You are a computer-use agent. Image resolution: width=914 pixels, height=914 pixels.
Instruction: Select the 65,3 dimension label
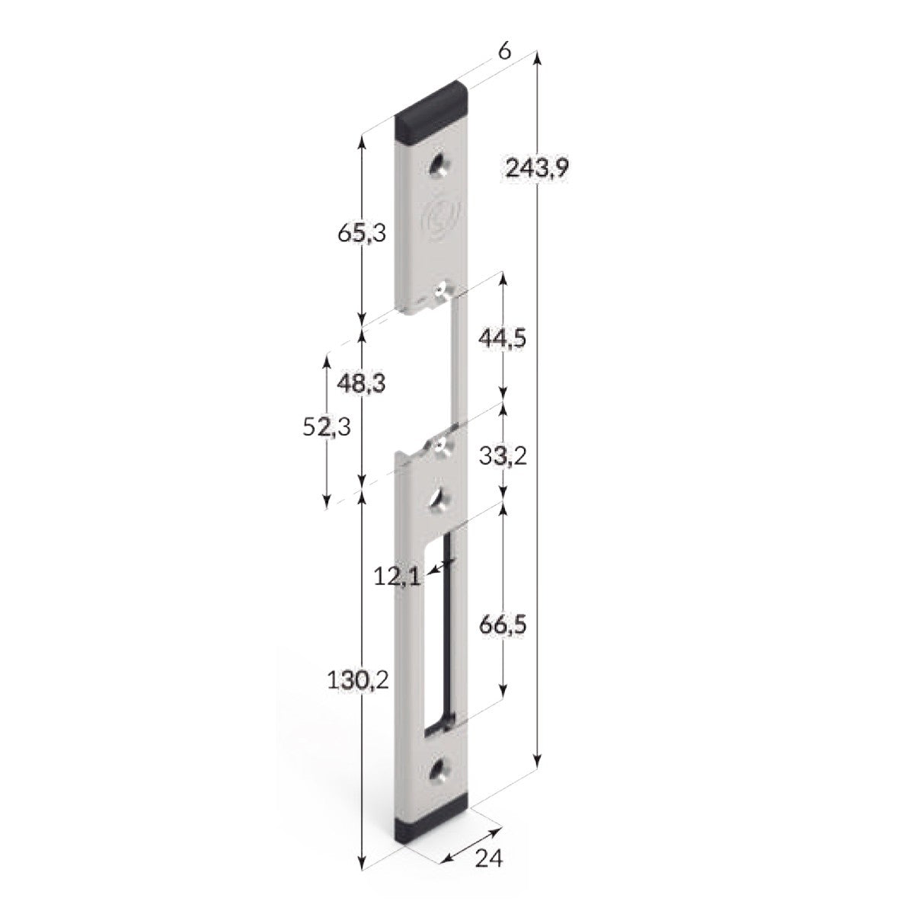[362, 233]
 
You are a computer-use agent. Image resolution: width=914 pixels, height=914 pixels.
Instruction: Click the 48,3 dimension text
[362, 383]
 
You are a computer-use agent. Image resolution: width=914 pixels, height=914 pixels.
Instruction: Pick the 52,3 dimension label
[327, 428]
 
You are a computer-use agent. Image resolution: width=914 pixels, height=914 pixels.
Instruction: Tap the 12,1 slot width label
[397, 577]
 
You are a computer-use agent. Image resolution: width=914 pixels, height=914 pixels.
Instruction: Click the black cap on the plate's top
[432, 110]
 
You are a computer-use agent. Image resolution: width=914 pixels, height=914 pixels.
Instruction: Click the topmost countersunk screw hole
[440, 165]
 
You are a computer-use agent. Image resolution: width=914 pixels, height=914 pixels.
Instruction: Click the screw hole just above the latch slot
[439, 498]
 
